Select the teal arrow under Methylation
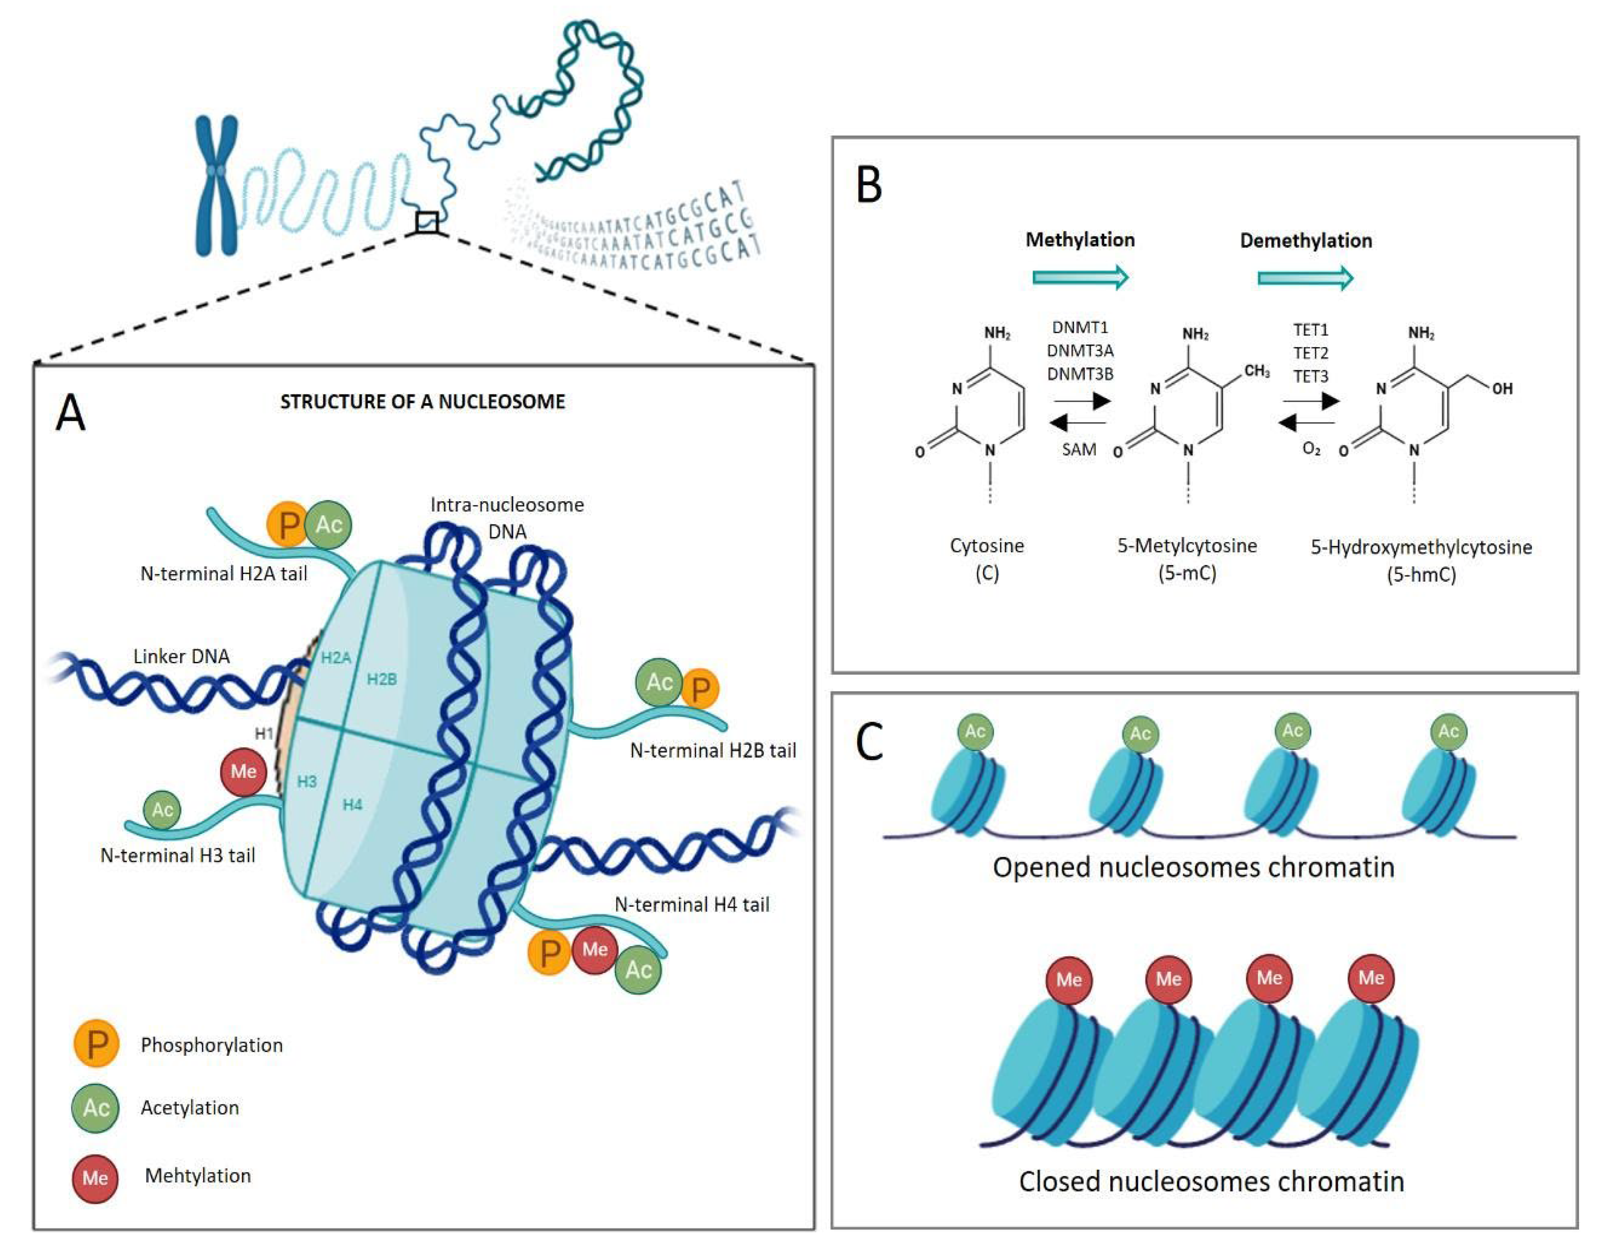click(1080, 277)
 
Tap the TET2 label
click(1310, 353)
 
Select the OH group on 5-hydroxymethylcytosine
click(1502, 389)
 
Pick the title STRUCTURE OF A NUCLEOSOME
click(422, 402)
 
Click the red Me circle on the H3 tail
click(243, 771)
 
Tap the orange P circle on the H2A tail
click(287, 524)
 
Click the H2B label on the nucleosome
click(381, 679)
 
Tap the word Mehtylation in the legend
click(198, 1175)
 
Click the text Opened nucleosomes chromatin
click(1193, 867)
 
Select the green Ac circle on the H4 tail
click(638, 970)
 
